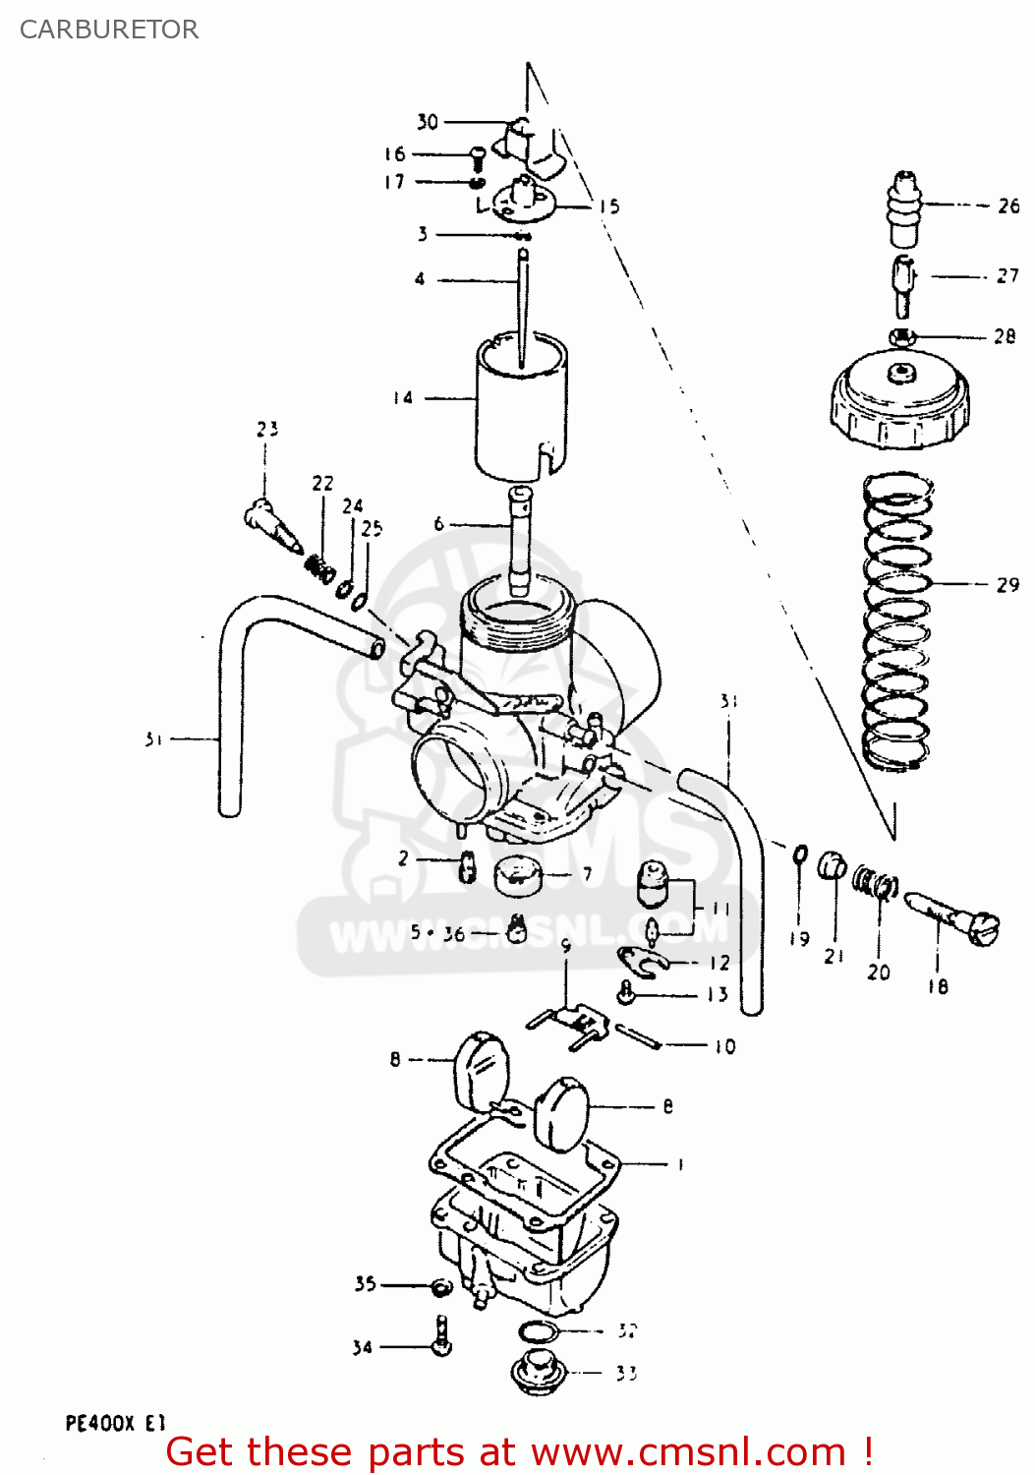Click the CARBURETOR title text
tap(109, 29)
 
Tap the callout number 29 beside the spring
tap(1007, 585)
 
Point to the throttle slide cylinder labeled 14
tap(521, 408)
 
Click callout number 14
tap(403, 398)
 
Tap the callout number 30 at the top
tap(427, 122)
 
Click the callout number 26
tap(1008, 206)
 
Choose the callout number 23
tap(267, 429)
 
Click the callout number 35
tap(365, 1283)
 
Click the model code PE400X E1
tap(115, 1423)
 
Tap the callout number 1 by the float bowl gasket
tap(680, 1164)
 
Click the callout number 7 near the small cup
tap(587, 873)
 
